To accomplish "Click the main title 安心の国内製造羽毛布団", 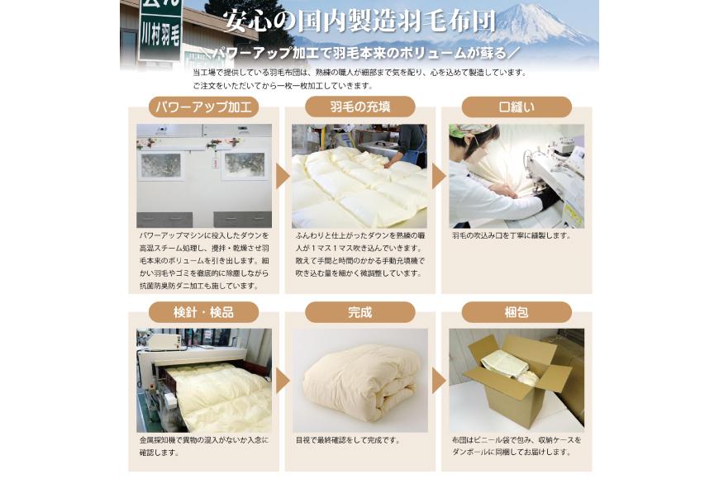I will point(359,21).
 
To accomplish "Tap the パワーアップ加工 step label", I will point(203,107).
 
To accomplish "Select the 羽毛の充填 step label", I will point(359,107).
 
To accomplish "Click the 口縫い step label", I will point(517,107).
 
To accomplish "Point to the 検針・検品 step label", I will point(203,312).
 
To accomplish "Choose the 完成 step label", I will point(359,312).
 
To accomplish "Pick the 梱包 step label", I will point(517,312).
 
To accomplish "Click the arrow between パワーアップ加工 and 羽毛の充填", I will point(282,176).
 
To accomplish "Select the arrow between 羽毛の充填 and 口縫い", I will point(438,176).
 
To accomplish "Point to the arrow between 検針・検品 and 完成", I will point(282,381).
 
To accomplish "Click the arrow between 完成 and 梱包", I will point(438,381).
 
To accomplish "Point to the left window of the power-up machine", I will point(160,165).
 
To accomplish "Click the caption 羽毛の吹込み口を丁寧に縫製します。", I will point(512,236).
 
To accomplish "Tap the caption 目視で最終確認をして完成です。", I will point(348,440).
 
